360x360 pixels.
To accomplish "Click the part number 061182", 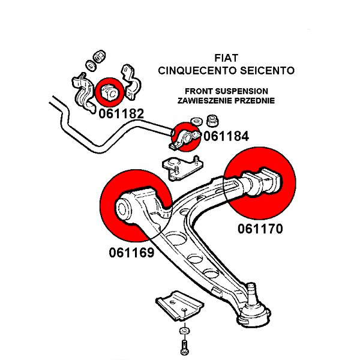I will (x=121, y=112).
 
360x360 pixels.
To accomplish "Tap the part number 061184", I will (x=226, y=136).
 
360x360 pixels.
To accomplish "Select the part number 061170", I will (x=259, y=228).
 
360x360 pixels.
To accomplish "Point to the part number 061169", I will (x=131, y=253).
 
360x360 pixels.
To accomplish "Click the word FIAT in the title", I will (x=226, y=58).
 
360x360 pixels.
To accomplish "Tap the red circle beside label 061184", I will (x=185, y=137).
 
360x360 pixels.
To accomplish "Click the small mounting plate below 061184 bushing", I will (x=178, y=167).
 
